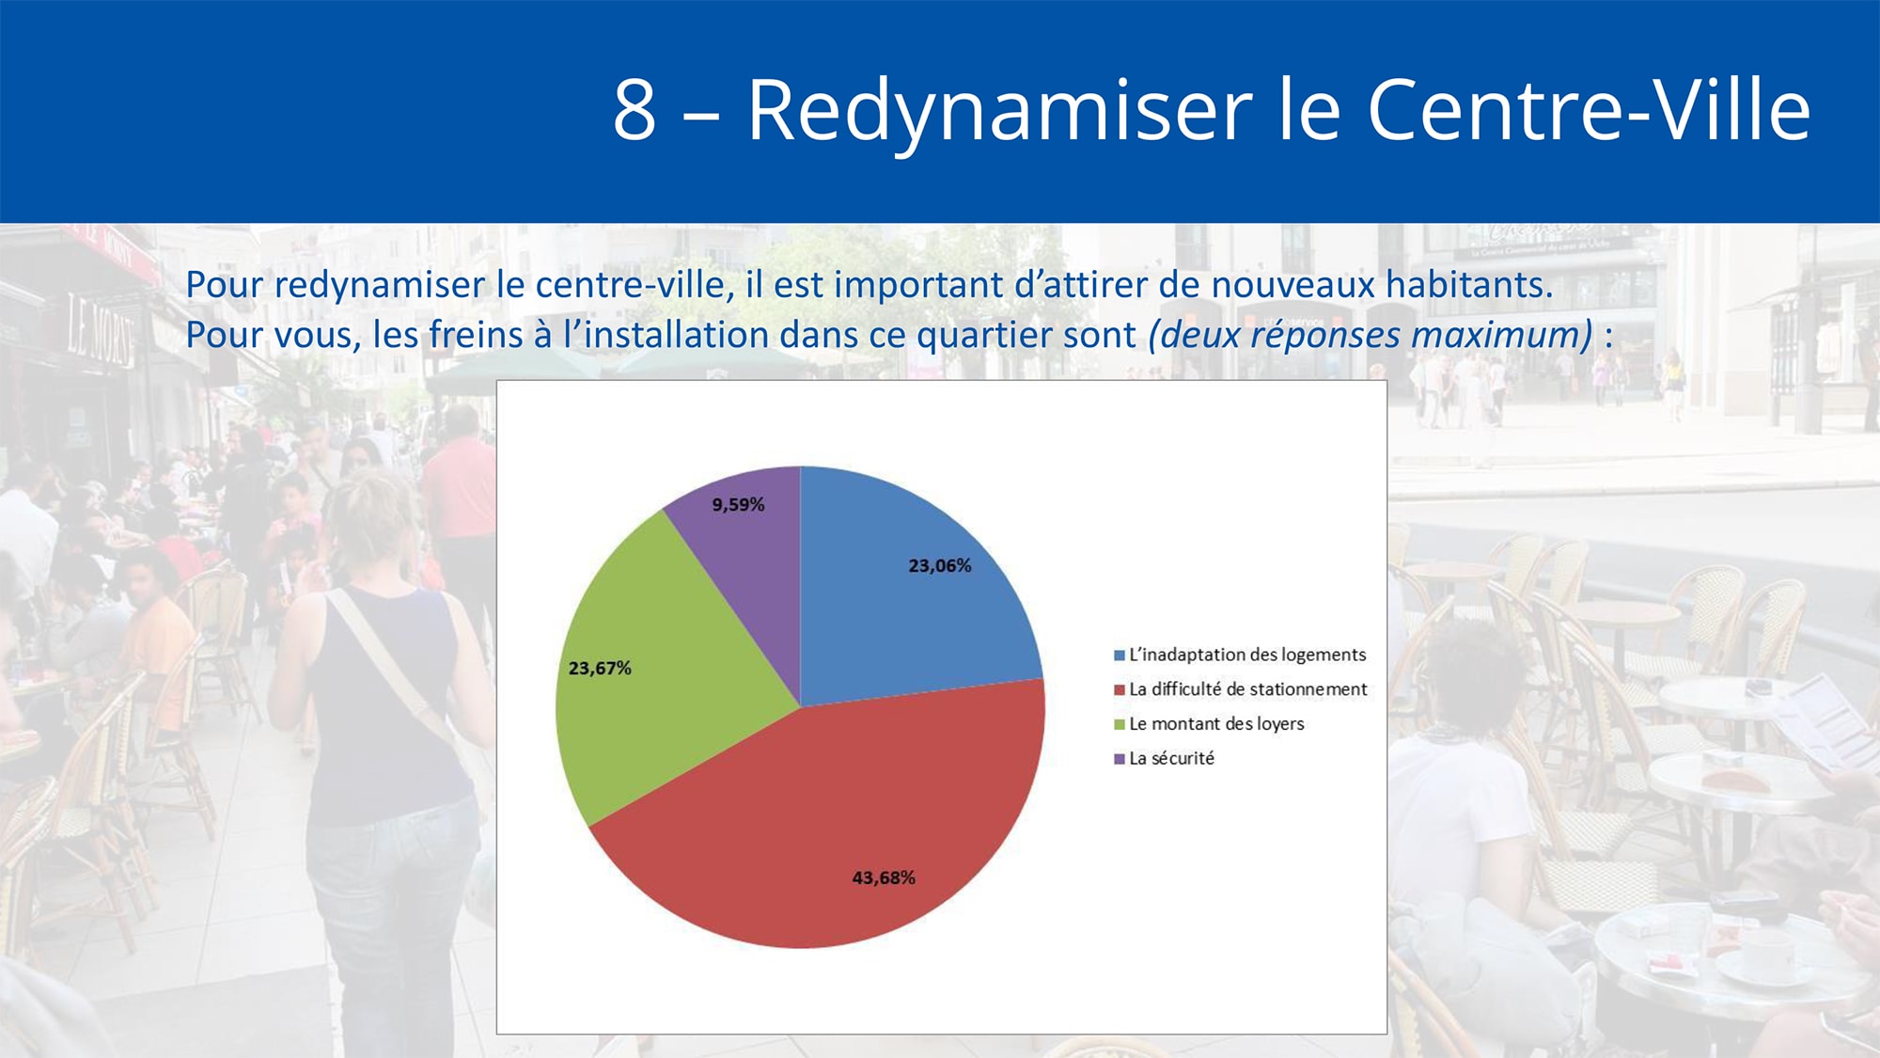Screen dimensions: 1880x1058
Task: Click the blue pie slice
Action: [x=902, y=602]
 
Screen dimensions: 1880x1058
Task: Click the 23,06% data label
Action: [x=939, y=566]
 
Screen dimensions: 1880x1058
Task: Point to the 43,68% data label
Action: [x=884, y=878]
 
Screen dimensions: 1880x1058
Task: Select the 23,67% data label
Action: [x=600, y=669]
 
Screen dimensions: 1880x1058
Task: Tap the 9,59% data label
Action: [x=738, y=505]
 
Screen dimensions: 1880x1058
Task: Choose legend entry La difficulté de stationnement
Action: [x=1241, y=689]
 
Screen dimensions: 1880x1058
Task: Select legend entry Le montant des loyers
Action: [x=1210, y=724]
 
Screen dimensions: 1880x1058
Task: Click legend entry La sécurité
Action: [x=1165, y=758]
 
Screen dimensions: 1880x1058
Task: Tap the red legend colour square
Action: [x=1120, y=690]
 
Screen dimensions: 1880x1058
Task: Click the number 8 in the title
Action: [x=634, y=110]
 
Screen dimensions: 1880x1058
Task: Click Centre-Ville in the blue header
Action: [x=1589, y=109]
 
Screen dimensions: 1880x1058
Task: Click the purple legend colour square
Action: [x=1120, y=759]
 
